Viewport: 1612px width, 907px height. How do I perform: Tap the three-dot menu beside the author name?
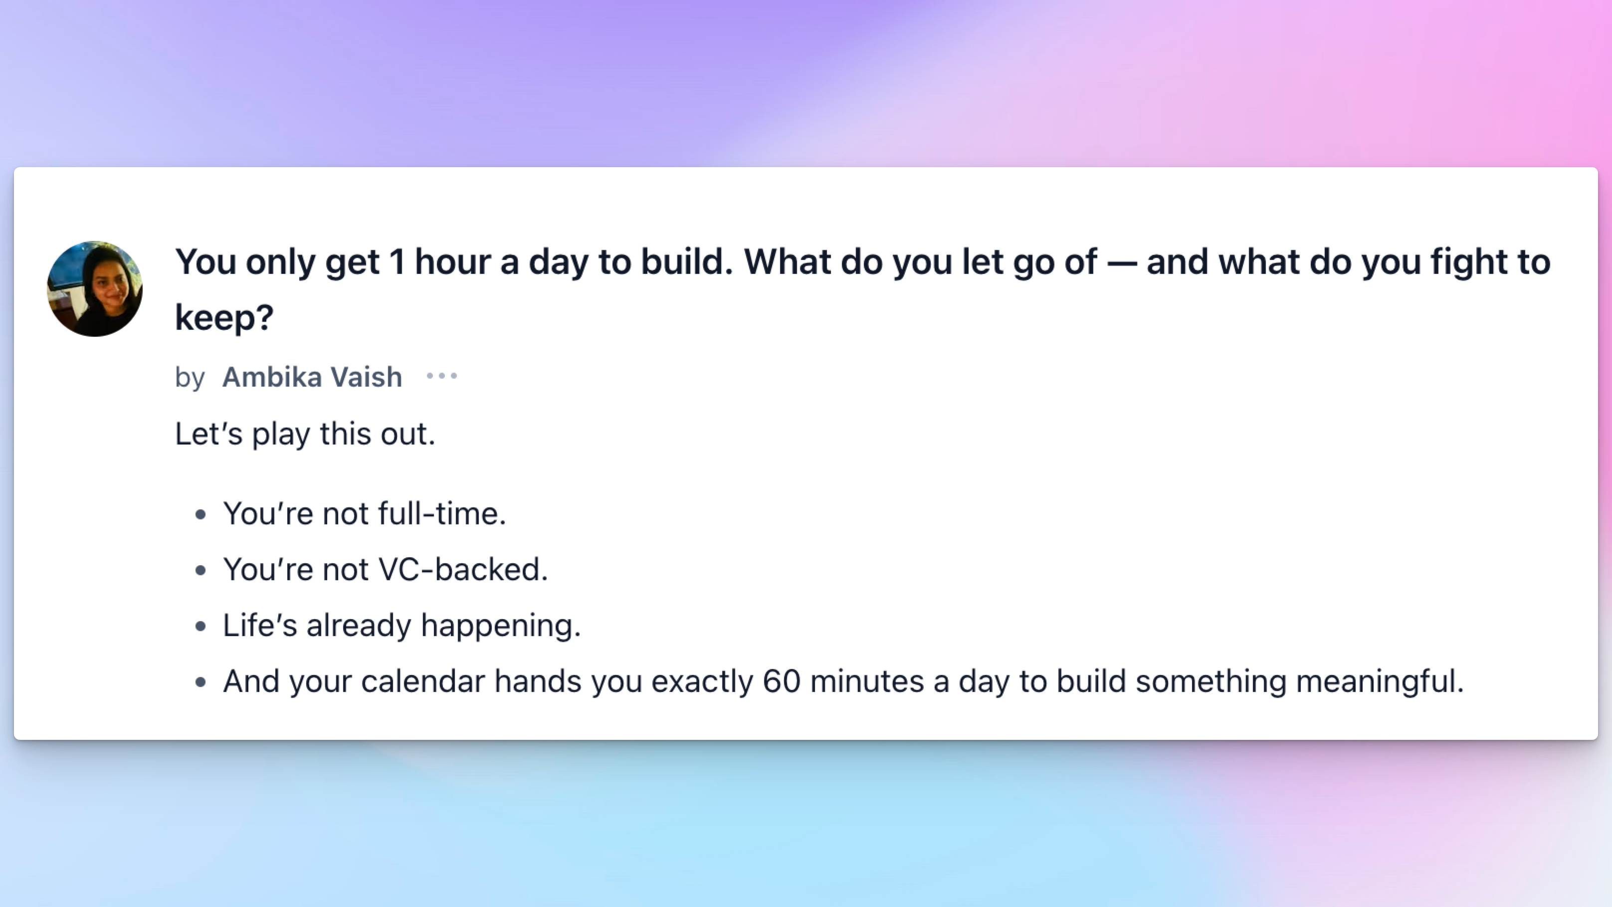(442, 376)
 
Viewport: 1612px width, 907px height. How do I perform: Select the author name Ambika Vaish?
(312, 377)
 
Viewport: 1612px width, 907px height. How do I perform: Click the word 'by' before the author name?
(190, 378)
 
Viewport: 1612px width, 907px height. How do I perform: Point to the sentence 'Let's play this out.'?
(305, 433)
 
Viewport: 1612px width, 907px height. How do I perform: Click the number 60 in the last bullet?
(782, 681)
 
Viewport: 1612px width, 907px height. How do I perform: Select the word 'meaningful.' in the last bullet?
(1380, 681)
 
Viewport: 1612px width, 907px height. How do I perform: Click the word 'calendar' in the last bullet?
(423, 681)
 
